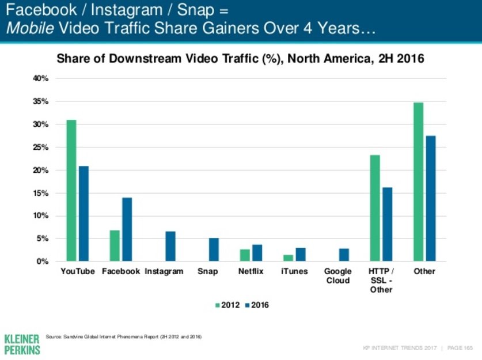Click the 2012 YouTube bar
click(71, 191)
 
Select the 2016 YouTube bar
click(84, 214)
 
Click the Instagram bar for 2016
click(170, 247)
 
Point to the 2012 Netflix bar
click(245, 255)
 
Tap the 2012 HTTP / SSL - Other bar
click(375, 208)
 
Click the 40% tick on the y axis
click(40, 78)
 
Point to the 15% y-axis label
click(40, 193)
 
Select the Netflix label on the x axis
click(251, 271)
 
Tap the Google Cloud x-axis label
click(337, 276)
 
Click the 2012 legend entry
click(227, 305)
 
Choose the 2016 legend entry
click(256, 305)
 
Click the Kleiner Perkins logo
click(21, 343)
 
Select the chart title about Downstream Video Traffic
click(239, 58)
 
